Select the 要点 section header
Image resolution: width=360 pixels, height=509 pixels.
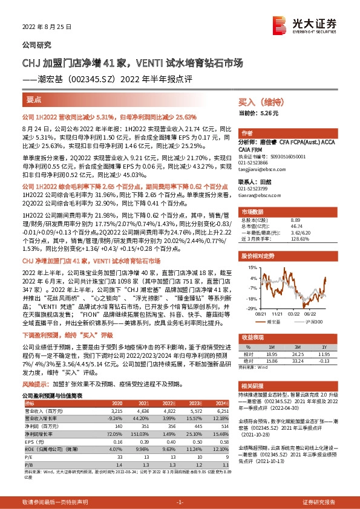coord(34,98)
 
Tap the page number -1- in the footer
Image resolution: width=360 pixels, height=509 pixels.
coord(180,502)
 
